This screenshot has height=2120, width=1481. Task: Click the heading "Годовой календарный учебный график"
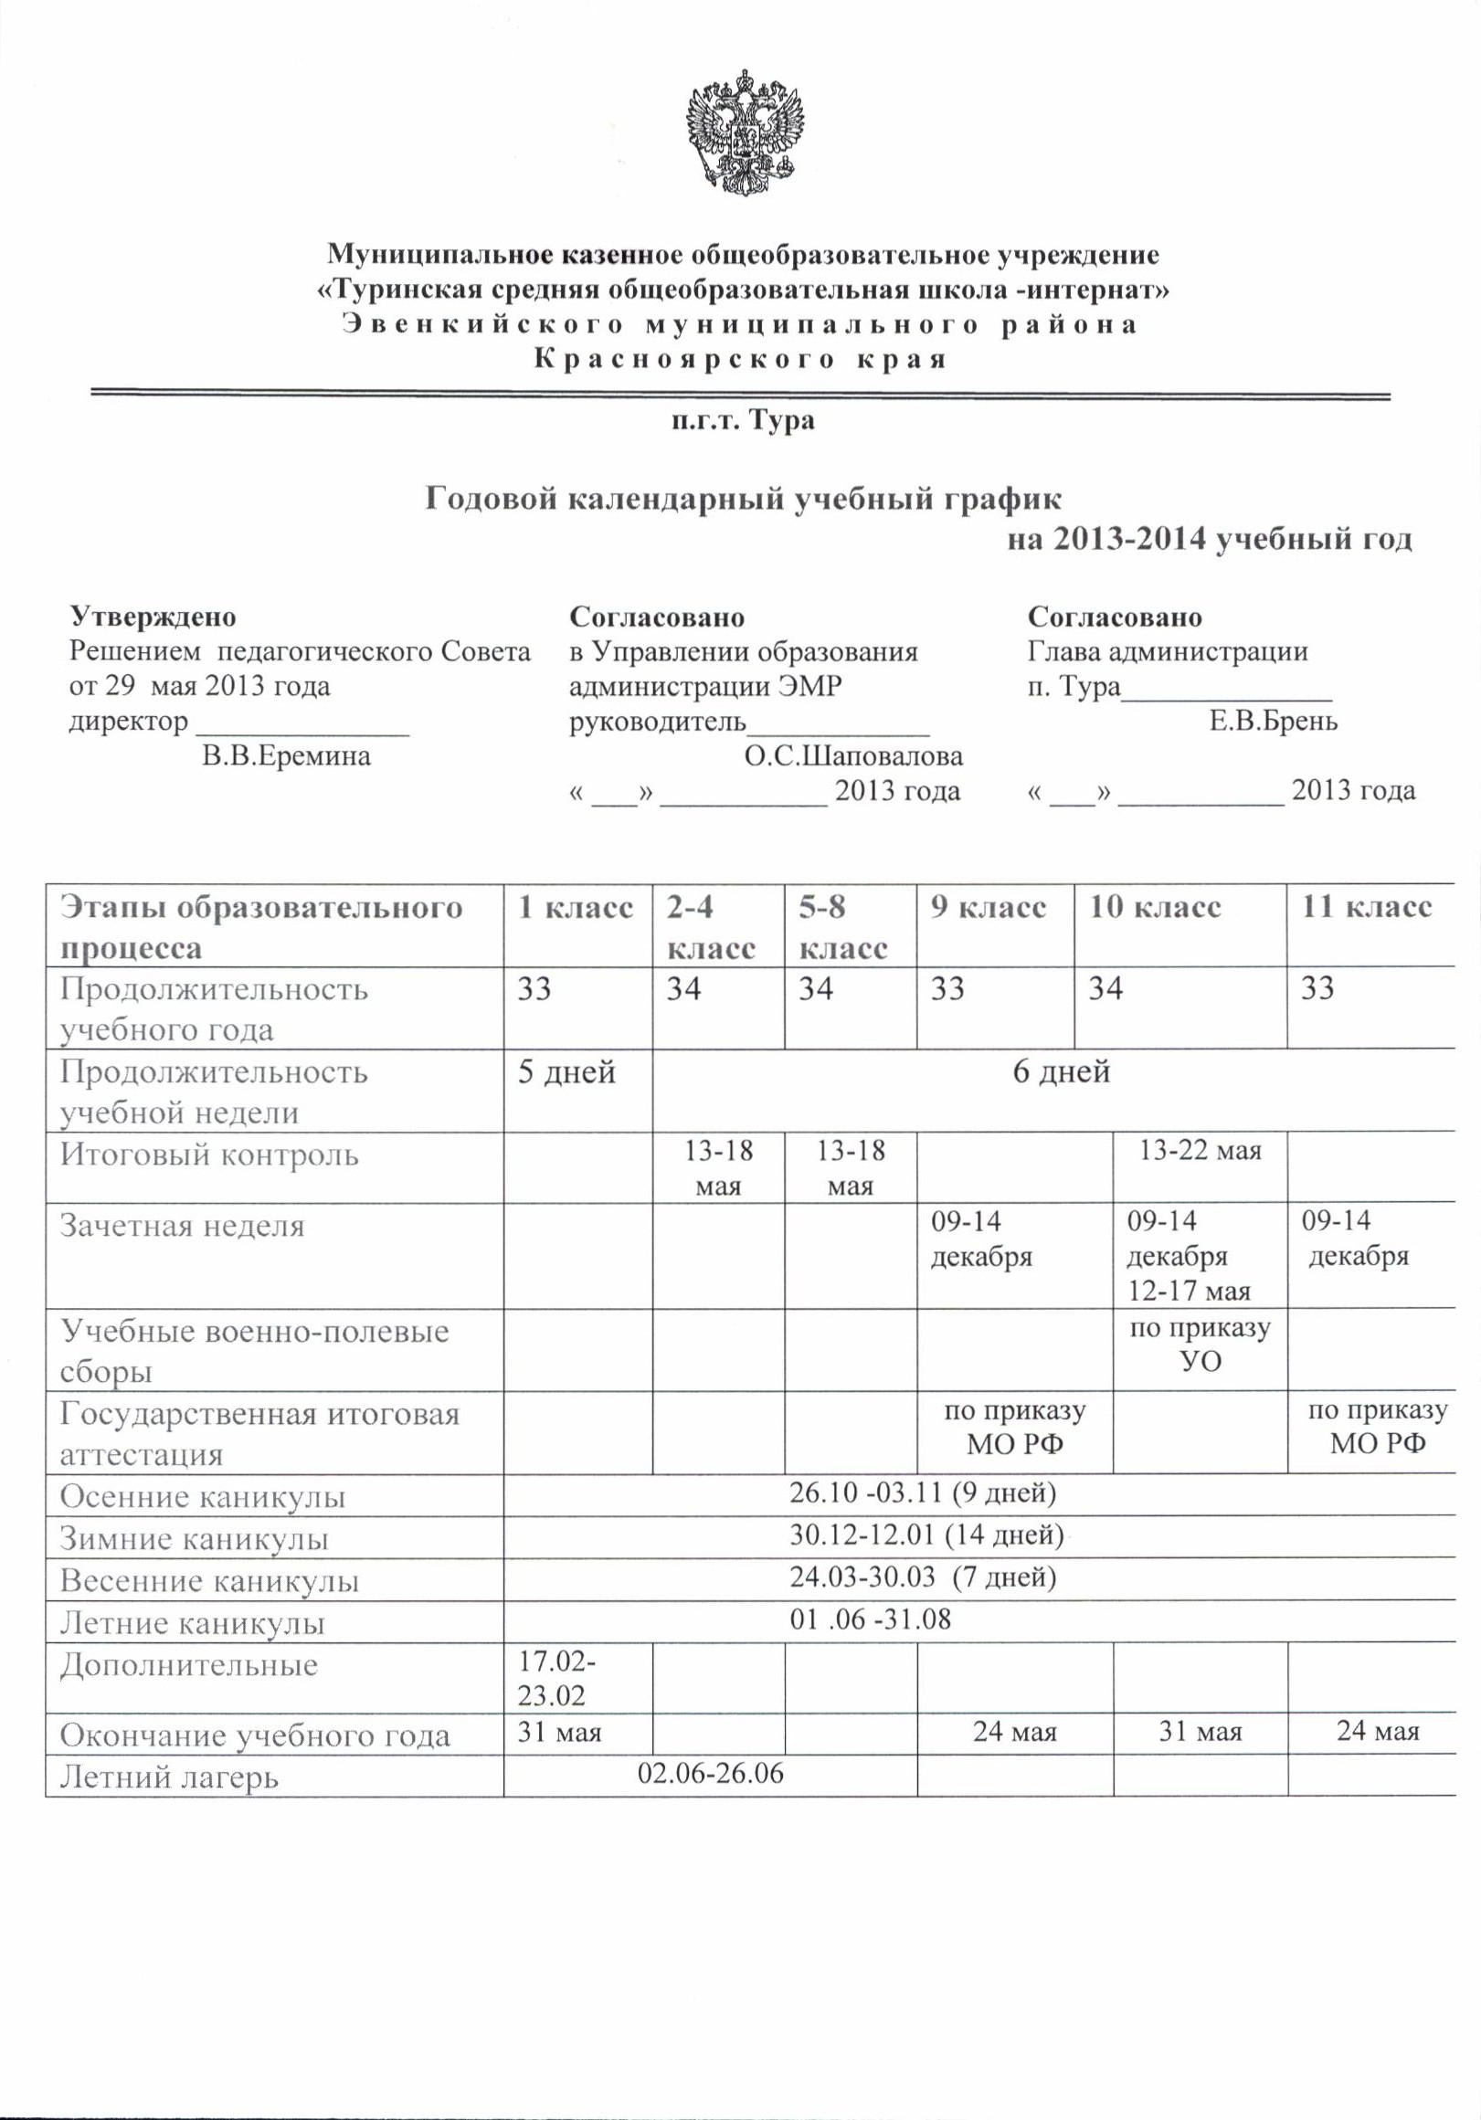tap(743, 500)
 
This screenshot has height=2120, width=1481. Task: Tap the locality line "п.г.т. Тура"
tap(743, 422)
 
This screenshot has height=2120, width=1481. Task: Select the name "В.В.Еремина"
tap(286, 756)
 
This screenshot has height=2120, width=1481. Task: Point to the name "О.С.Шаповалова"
tap(853, 756)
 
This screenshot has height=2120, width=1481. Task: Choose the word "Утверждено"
tap(153, 616)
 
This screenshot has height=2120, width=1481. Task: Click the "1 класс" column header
tap(576, 908)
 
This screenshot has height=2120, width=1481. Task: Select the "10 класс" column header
tap(1154, 908)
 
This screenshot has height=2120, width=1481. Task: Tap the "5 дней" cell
tap(566, 1072)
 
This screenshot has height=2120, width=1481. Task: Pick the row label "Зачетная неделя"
tap(182, 1225)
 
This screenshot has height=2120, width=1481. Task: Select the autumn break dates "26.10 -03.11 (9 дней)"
tap(923, 1492)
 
